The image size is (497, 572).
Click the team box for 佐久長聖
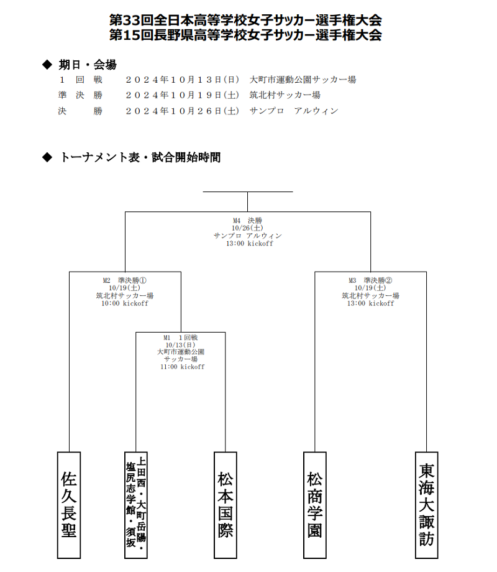69,505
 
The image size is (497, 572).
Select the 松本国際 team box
226,505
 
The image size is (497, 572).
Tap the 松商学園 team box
315,505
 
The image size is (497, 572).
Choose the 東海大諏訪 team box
426,505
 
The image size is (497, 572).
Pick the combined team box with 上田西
136,505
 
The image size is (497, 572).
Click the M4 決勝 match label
248,220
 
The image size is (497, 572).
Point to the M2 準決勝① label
125,280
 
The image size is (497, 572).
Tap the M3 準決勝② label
370,280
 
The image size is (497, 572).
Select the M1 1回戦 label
181,338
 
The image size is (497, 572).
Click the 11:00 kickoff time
182,367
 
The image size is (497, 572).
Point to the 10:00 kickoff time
125,303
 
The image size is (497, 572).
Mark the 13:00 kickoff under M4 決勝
249,243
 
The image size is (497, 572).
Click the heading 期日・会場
88,65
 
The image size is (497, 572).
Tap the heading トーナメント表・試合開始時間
140,157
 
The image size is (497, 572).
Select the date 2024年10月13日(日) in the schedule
182,80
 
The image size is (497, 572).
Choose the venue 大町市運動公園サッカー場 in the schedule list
303,80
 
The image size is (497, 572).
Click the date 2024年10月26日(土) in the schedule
182,111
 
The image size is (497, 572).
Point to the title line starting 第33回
246,20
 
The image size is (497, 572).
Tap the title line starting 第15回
246,35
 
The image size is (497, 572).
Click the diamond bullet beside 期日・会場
47,65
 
